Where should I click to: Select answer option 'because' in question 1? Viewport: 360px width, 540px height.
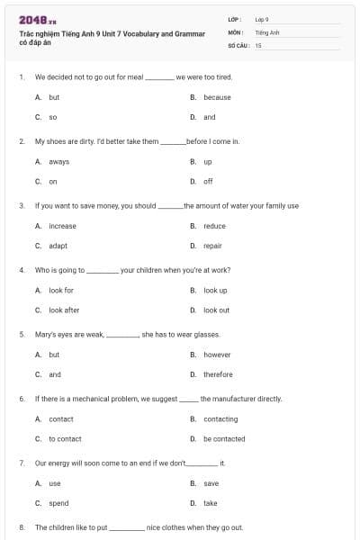point(217,97)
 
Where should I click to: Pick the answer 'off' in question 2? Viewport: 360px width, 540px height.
point(208,181)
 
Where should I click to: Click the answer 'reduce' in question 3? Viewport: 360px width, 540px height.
point(214,226)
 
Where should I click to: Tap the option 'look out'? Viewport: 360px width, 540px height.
point(216,310)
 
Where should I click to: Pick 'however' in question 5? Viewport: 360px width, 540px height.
point(217,355)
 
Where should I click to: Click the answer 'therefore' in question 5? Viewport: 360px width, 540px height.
point(218,374)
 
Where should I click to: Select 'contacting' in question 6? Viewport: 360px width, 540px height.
point(220,418)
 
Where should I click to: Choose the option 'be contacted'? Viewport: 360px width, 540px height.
point(224,438)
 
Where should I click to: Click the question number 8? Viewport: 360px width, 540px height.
point(22,527)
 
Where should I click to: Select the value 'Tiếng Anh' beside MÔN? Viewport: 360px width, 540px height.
point(267,32)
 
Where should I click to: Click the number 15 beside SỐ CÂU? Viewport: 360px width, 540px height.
point(257,45)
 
